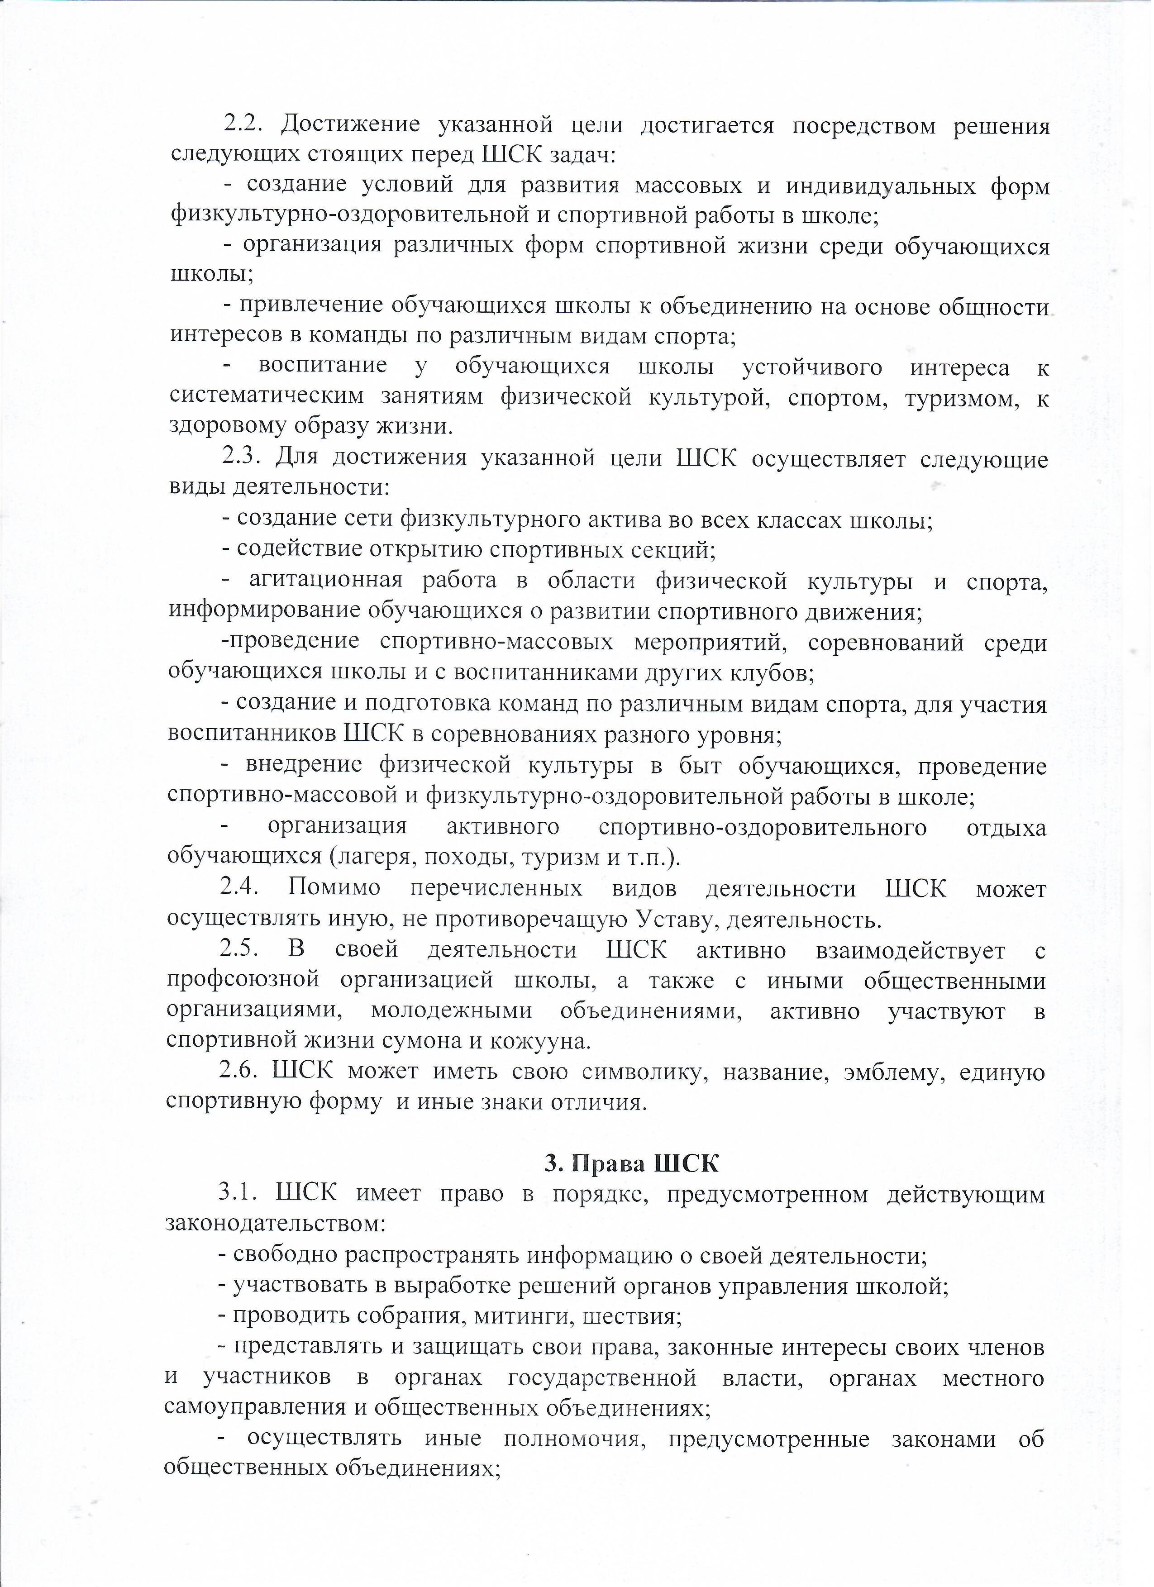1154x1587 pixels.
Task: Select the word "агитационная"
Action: [x=325, y=580]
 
